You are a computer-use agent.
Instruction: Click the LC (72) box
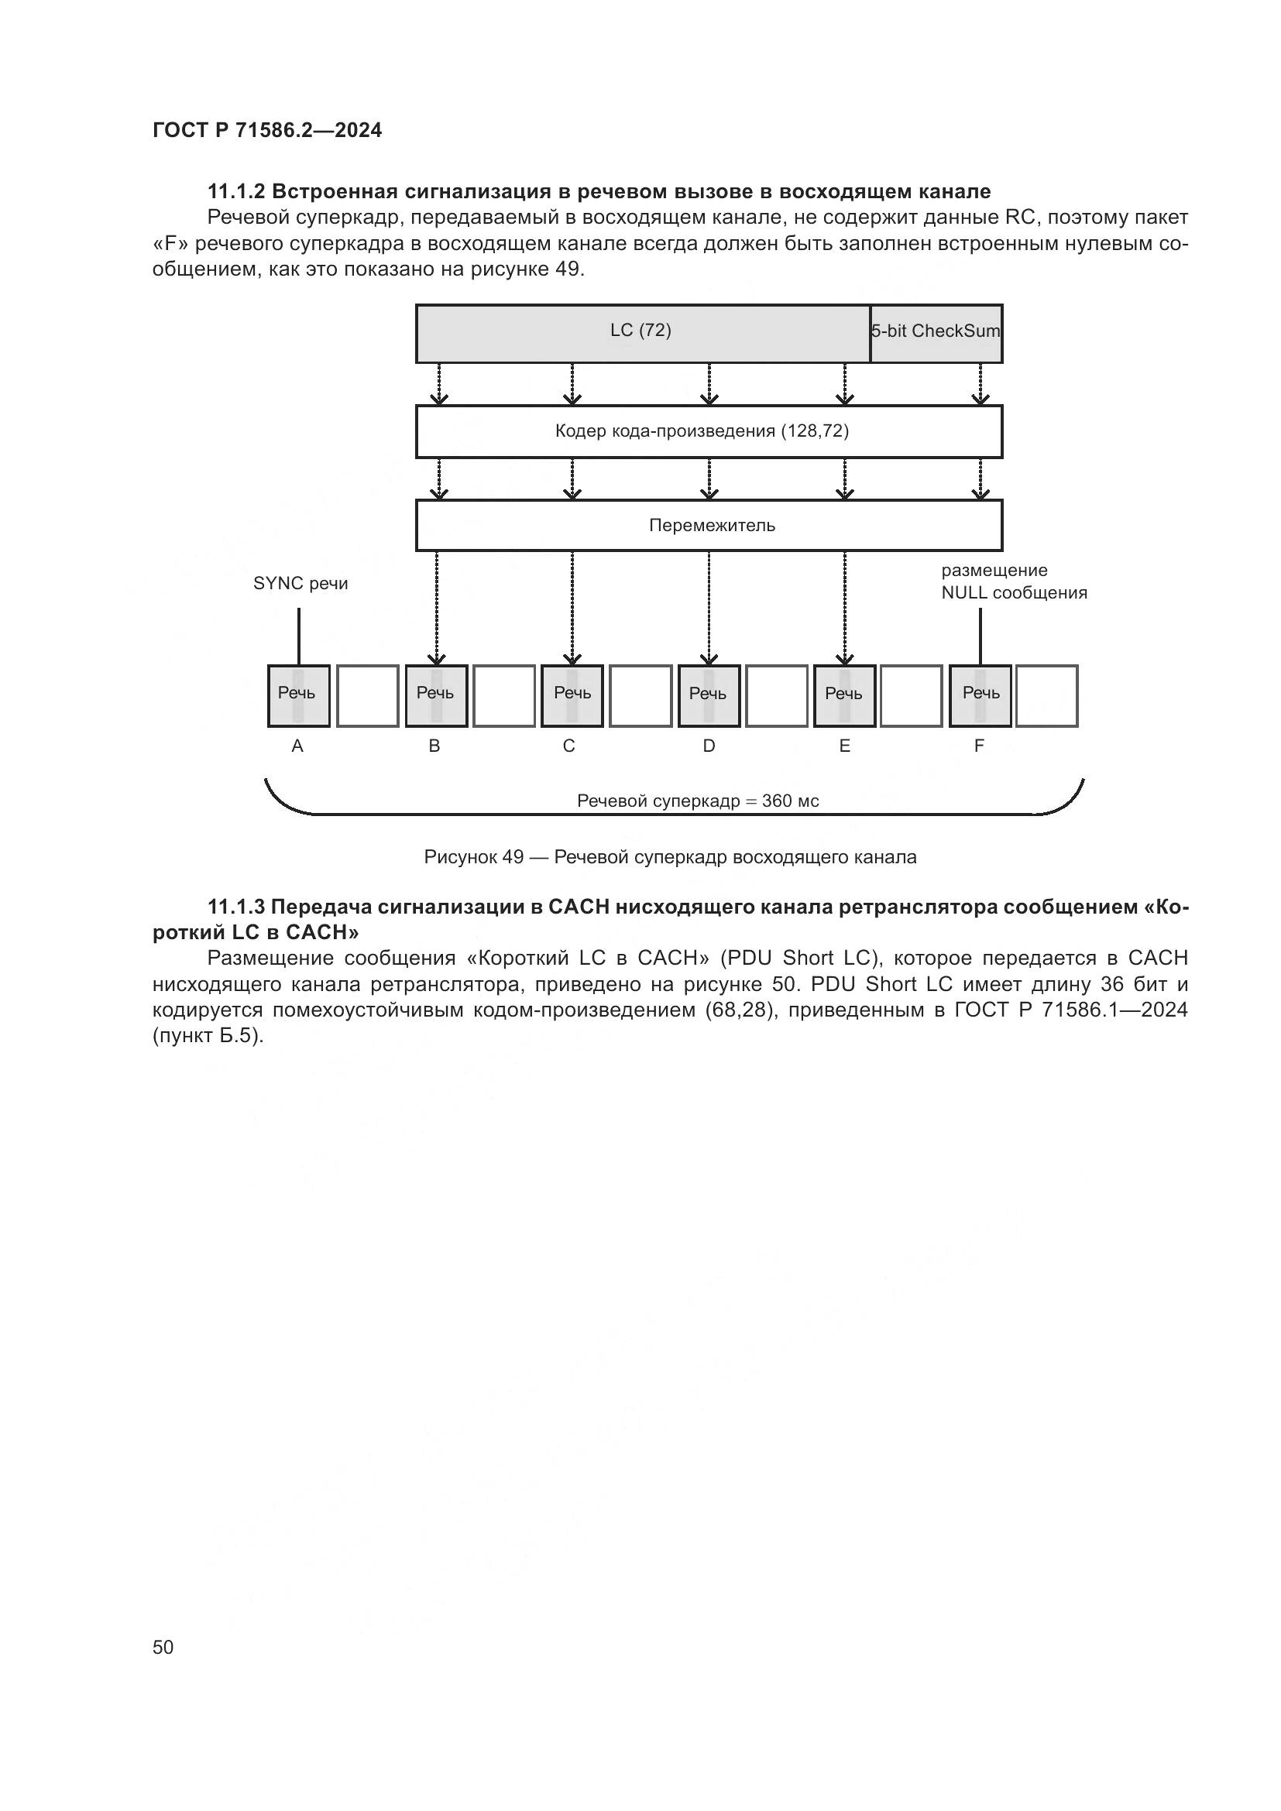click(641, 333)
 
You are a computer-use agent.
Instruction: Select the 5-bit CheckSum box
click(936, 333)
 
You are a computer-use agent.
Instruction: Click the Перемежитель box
click(709, 525)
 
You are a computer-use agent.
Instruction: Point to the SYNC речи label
click(300, 584)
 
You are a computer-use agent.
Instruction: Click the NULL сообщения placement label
click(1014, 582)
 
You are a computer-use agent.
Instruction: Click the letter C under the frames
click(568, 746)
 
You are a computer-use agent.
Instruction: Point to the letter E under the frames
click(844, 746)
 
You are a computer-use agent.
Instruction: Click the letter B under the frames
click(434, 746)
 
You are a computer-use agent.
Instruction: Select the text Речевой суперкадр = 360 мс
click(697, 801)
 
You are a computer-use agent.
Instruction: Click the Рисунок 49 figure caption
click(670, 857)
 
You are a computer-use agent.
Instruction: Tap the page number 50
click(163, 1647)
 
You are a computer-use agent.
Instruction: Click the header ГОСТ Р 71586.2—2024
click(266, 131)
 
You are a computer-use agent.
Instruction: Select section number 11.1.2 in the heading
click(236, 192)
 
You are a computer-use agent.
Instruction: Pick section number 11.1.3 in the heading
click(236, 907)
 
